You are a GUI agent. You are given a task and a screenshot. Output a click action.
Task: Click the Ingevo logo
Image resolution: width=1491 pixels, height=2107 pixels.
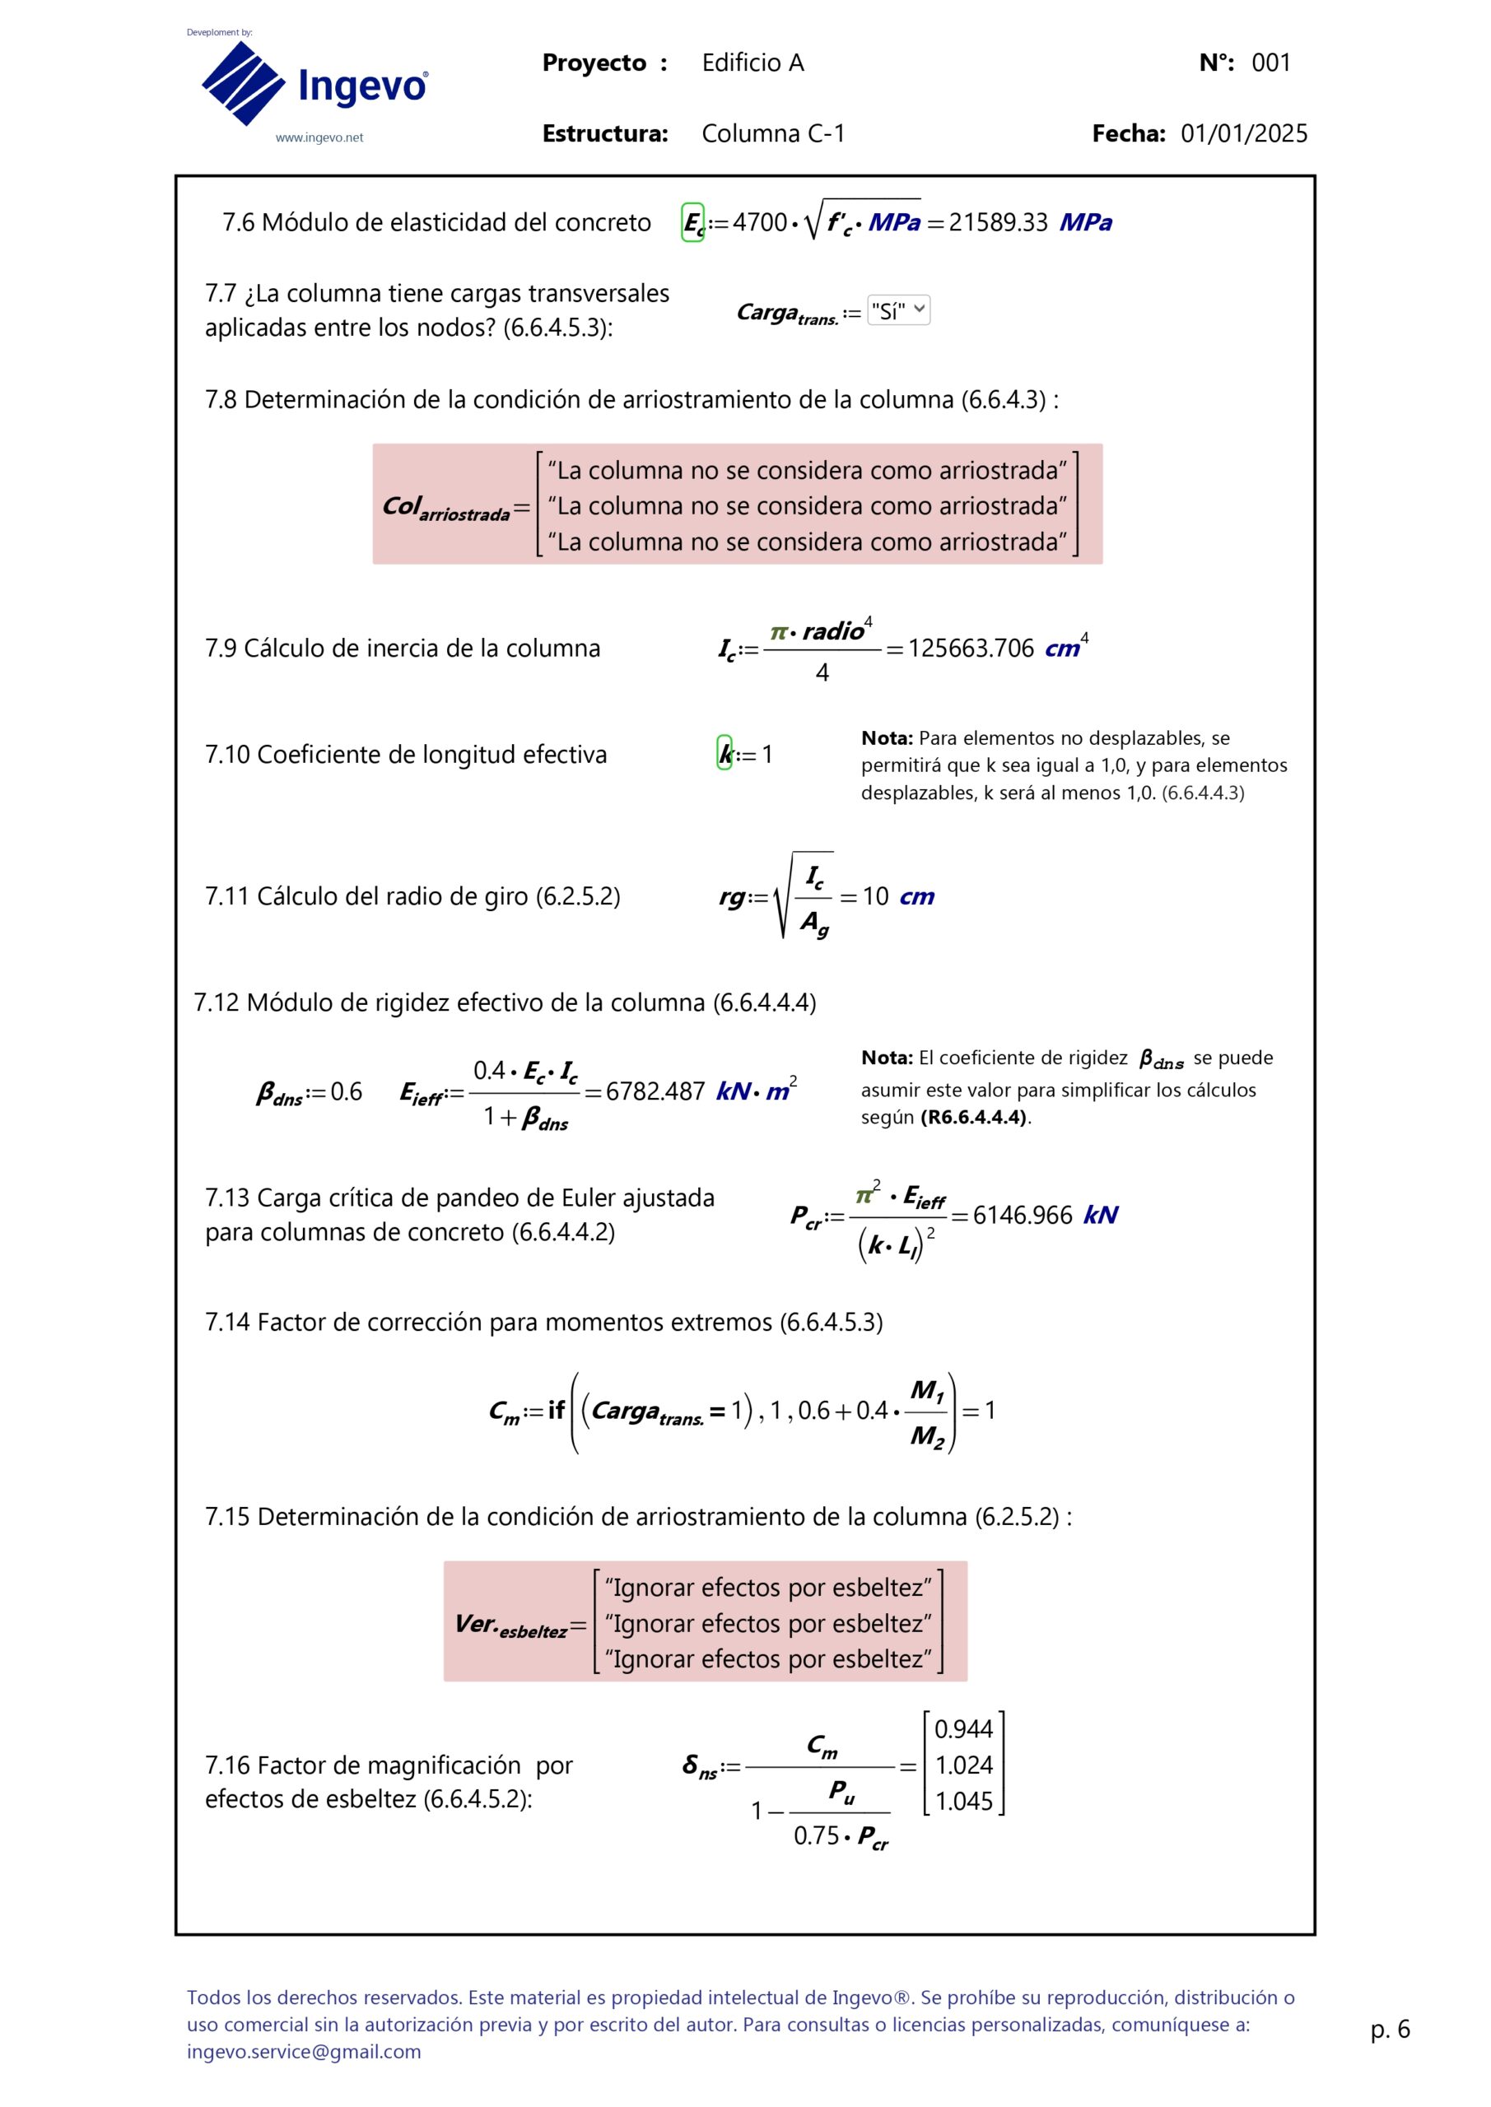313,85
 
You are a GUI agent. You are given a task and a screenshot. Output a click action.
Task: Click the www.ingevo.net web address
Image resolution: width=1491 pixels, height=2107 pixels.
319,137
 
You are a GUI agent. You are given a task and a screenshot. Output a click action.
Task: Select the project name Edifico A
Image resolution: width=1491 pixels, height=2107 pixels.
752,63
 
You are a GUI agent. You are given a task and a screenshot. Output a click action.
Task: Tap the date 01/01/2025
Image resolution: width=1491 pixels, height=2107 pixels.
1243,134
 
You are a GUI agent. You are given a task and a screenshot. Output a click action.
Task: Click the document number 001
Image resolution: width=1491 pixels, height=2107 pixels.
1270,63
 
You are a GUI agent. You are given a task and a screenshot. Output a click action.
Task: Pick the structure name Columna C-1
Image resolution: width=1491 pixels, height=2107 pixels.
772,134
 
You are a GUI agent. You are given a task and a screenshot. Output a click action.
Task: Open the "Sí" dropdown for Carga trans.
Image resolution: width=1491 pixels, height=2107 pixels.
898,310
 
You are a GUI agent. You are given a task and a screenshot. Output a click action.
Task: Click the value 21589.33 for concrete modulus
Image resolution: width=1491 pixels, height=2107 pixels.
997,223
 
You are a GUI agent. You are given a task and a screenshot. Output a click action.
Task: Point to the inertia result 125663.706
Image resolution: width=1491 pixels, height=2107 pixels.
971,649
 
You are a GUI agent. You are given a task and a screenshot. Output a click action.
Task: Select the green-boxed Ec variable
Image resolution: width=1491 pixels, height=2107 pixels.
692,223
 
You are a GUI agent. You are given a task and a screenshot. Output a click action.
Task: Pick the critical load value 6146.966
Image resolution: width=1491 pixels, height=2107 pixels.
1022,1215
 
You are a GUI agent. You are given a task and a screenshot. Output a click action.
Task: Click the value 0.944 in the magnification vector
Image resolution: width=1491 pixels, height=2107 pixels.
963,1729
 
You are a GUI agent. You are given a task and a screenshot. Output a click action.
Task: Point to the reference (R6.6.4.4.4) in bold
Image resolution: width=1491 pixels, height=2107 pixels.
973,1118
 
